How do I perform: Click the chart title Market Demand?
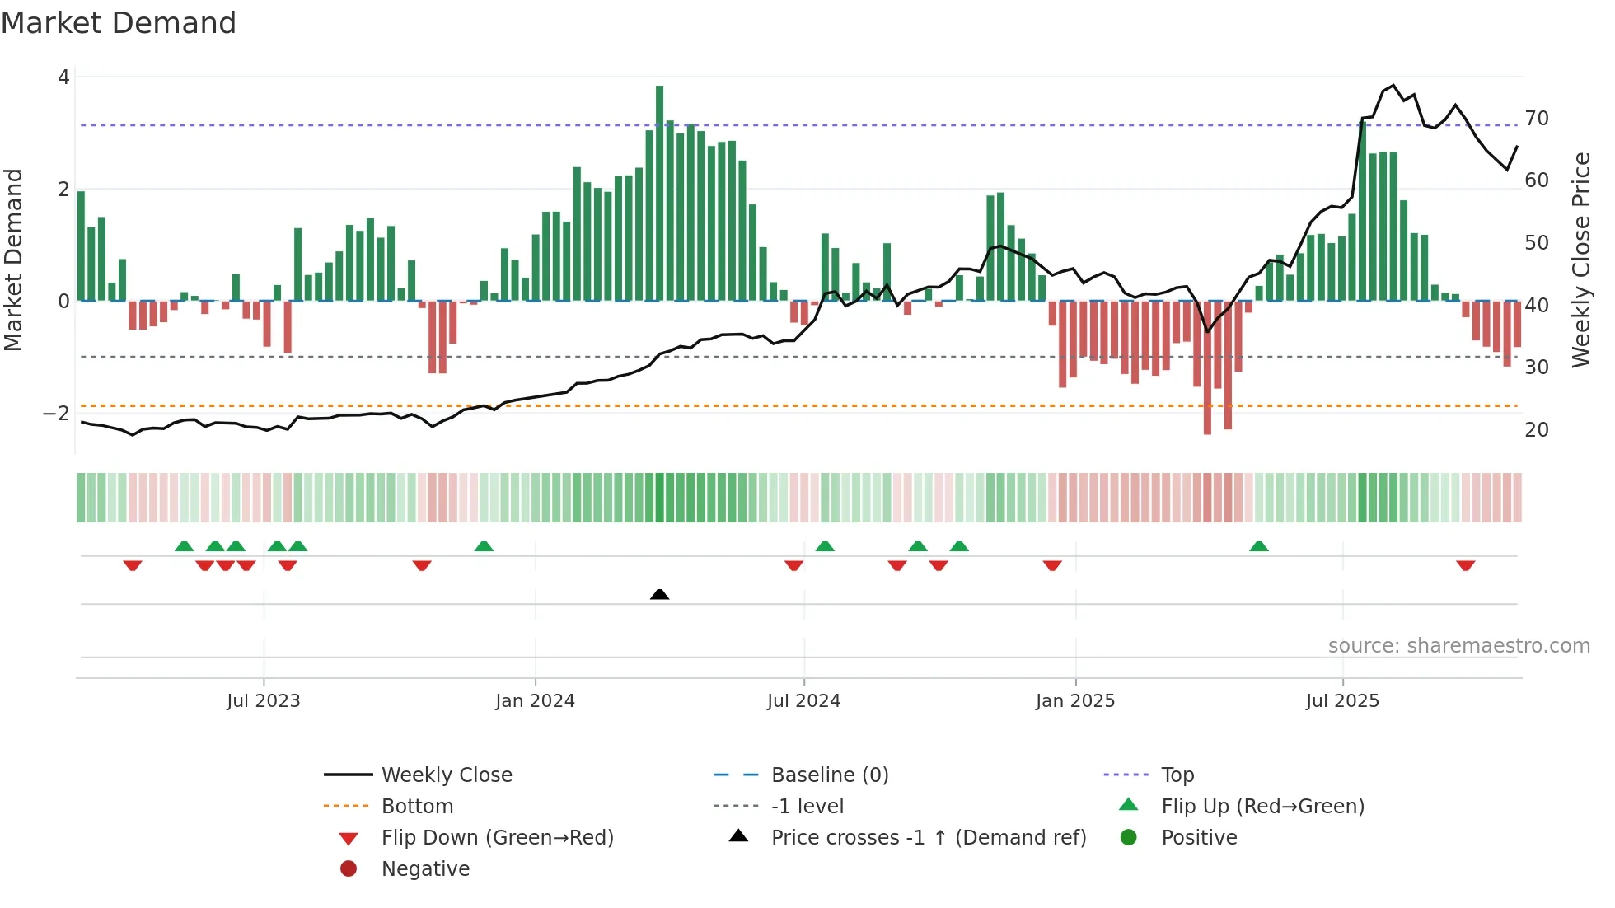click(x=119, y=23)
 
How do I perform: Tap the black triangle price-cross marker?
click(x=659, y=594)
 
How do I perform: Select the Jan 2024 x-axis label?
click(x=535, y=701)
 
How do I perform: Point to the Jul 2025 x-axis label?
click(x=1342, y=701)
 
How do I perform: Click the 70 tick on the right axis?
click(x=1537, y=119)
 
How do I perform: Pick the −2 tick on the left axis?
click(x=57, y=413)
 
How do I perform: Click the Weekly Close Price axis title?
click(x=1580, y=260)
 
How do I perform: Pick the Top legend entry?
click(x=1177, y=775)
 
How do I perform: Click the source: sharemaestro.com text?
click(x=1458, y=646)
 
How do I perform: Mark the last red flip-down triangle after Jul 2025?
click(x=1465, y=565)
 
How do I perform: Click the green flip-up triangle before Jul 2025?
click(x=1259, y=546)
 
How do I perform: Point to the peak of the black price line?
click(x=1393, y=85)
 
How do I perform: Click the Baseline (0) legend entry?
click(x=830, y=775)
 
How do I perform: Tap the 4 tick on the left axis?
click(x=63, y=77)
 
